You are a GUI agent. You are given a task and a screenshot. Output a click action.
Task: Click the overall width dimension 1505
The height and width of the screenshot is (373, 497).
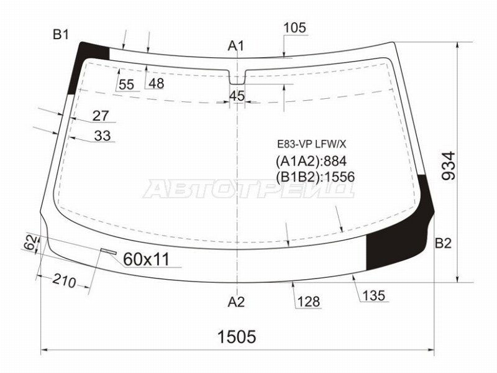click(237, 336)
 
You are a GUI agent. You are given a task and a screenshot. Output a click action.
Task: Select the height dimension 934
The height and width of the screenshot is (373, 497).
click(449, 166)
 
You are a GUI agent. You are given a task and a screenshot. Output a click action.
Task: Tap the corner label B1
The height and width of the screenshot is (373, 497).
click(60, 34)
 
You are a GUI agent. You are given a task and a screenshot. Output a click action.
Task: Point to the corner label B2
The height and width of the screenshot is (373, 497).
click(443, 243)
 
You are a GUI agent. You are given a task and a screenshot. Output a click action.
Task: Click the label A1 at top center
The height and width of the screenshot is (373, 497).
click(236, 46)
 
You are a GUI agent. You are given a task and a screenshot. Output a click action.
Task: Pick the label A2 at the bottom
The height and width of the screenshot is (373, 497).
click(236, 302)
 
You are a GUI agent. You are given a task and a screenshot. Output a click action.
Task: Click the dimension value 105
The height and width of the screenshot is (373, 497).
click(294, 28)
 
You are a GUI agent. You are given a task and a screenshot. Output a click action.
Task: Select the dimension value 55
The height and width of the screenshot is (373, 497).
click(127, 85)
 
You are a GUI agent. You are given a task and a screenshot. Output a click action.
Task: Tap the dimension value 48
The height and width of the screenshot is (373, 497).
click(157, 83)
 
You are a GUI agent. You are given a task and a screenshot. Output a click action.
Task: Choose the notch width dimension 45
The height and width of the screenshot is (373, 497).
click(237, 96)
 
